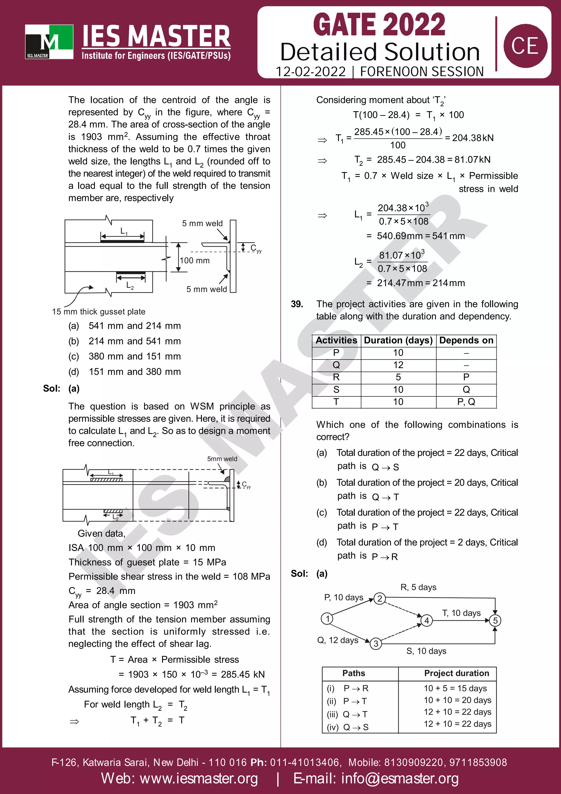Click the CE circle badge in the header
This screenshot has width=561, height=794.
point(525,46)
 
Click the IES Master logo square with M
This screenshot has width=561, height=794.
point(49,41)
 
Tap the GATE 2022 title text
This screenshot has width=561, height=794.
point(379,25)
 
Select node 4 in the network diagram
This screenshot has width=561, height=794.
point(427,620)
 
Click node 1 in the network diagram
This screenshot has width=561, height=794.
point(327,618)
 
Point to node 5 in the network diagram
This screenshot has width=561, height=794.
point(495,620)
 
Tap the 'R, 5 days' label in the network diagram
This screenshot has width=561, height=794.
point(418,587)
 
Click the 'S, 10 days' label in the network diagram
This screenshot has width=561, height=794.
point(426,651)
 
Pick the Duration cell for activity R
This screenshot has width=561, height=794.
point(398,377)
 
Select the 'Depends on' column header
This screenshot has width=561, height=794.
point(466,340)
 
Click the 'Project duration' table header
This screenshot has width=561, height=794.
point(456,673)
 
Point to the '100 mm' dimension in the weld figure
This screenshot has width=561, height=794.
point(194,260)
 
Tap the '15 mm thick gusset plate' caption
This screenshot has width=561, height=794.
point(99,312)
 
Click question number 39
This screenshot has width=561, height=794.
point(297,304)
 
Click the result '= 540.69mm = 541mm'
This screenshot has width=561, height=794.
point(416,236)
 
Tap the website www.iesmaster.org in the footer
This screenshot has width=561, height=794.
point(179,778)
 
